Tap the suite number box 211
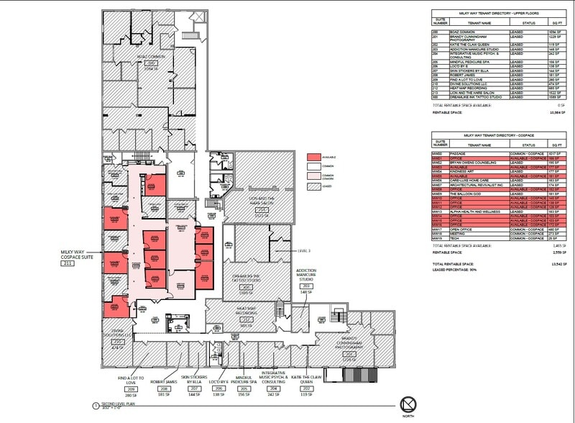pyautogui.click(x=69, y=264)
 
